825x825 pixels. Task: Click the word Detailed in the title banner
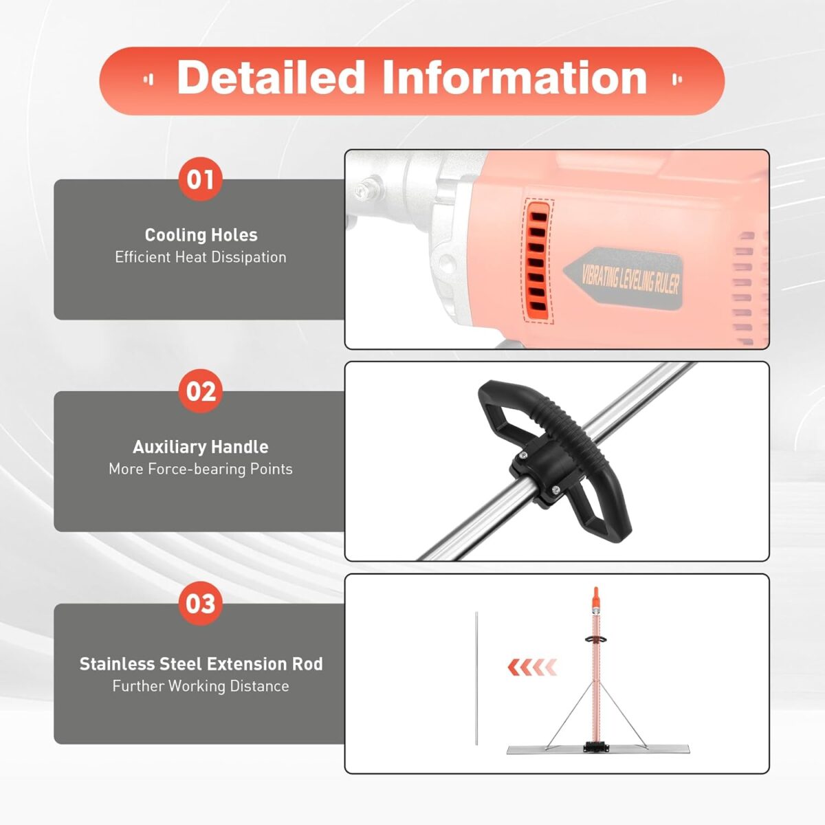270,78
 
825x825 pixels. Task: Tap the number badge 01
200,179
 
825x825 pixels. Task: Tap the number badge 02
200,391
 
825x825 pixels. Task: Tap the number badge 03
200,604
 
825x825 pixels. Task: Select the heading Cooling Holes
201,235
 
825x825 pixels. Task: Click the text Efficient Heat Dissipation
201,257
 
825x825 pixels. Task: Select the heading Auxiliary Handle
201,447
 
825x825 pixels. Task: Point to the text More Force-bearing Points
201,469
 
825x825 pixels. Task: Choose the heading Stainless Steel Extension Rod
201,664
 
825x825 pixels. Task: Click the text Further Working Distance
201,686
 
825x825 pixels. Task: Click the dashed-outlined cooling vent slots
539,261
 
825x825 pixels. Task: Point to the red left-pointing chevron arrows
531,666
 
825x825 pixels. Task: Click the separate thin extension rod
475,677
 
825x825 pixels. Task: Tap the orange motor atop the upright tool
595,602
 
